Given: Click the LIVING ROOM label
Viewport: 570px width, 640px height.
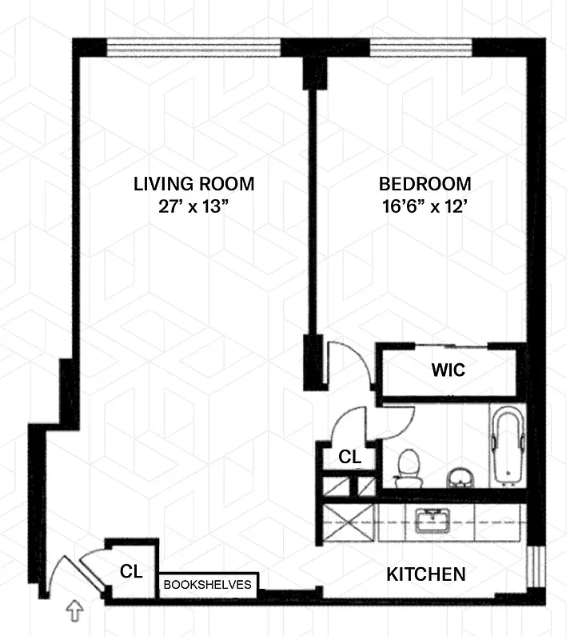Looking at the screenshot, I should pyautogui.click(x=193, y=184).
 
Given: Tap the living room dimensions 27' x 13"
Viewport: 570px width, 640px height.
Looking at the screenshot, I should pyautogui.click(x=193, y=206).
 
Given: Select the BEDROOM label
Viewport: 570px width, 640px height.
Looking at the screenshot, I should pyautogui.click(x=425, y=184).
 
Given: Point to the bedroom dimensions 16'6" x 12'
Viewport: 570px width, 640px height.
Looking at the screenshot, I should pyautogui.click(x=425, y=206).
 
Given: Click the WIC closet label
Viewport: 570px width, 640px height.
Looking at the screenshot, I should pyautogui.click(x=448, y=372).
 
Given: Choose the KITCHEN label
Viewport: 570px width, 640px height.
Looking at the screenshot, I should pyautogui.click(x=425, y=574).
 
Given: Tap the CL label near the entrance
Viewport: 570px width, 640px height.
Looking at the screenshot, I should pyautogui.click(x=132, y=572).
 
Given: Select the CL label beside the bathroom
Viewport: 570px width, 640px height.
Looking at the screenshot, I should pyautogui.click(x=350, y=458).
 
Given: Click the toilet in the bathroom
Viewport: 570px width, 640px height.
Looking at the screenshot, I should pyautogui.click(x=409, y=468).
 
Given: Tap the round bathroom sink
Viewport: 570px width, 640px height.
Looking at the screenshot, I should pyautogui.click(x=459, y=478).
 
